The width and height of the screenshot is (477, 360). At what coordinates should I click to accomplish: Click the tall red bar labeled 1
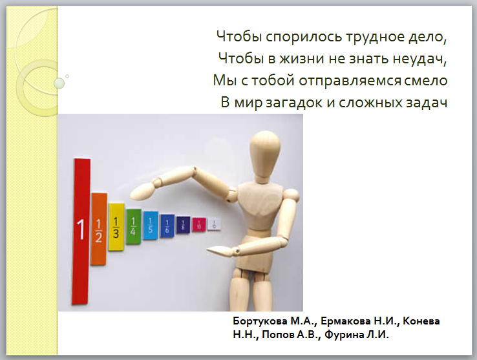coord(81,231)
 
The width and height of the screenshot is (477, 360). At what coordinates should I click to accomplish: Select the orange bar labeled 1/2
coord(99,229)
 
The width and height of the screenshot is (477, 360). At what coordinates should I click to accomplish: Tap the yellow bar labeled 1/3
coord(116,227)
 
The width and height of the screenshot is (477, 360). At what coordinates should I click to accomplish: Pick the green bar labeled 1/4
coord(134,226)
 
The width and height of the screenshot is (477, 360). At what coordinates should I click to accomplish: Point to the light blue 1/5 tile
coord(151,226)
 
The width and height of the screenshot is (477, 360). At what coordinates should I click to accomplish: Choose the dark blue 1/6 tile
coord(167,226)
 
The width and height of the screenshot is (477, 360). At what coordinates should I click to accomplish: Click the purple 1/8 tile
coord(183,225)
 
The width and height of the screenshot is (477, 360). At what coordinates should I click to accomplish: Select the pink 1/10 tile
coord(199,225)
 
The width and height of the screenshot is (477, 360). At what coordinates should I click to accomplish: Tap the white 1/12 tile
coord(214,224)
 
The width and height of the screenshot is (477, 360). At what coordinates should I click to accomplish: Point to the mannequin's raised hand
coord(143,191)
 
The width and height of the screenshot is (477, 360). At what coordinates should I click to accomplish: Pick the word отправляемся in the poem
coord(350,81)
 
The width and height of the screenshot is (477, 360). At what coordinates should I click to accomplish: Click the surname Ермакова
coord(346,321)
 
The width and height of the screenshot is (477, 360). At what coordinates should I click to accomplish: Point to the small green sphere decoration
coord(59,83)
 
